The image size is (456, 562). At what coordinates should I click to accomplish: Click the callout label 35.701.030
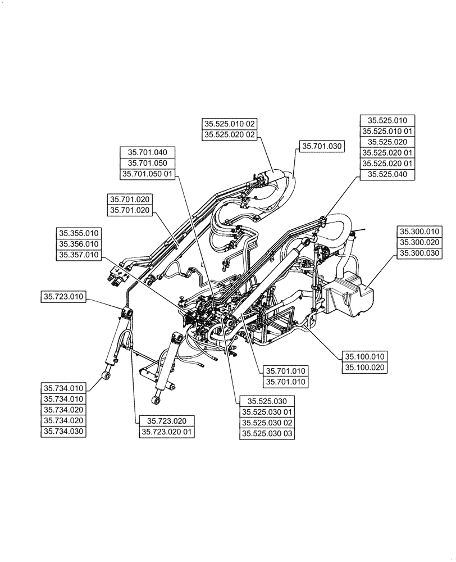click(x=322, y=146)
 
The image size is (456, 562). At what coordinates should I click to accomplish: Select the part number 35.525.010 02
click(x=229, y=124)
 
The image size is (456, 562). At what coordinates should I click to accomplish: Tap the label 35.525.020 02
click(x=229, y=135)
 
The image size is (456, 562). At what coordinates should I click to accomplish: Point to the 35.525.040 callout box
click(x=387, y=174)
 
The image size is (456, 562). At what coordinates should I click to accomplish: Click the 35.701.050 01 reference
click(x=148, y=174)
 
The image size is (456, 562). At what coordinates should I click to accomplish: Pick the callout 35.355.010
click(x=78, y=233)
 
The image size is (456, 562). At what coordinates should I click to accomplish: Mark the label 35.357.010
click(x=78, y=255)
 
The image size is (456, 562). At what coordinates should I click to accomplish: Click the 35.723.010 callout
click(x=64, y=296)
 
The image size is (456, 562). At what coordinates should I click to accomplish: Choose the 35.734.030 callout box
click(x=64, y=432)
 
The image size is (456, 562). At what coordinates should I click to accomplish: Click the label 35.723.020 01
click(x=166, y=432)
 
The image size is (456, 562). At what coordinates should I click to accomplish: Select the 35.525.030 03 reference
click(x=267, y=434)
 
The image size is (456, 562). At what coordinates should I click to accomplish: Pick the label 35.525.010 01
click(x=387, y=131)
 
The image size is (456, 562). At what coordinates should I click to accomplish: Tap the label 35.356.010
click(x=78, y=244)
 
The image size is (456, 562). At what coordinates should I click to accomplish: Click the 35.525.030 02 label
click(x=267, y=423)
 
